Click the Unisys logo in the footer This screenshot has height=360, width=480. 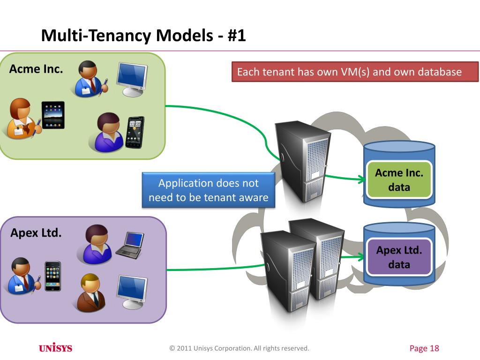[x=55, y=348]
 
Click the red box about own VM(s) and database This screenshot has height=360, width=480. [x=354, y=72]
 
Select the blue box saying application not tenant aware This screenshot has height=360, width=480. [x=208, y=190]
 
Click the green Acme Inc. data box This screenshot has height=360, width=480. [x=399, y=180]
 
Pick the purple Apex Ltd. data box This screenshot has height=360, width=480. [x=399, y=257]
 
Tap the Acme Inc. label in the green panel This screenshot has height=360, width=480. [x=36, y=69]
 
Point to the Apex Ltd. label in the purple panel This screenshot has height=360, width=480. [x=36, y=232]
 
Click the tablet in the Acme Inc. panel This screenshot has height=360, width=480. [x=52, y=115]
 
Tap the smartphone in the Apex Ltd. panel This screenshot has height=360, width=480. [x=52, y=276]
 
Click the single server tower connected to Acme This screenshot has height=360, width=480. [x=302, y=159]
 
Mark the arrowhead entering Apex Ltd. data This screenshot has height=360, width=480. [x=361, y=257]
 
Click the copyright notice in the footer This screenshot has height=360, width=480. [x=240, y=348]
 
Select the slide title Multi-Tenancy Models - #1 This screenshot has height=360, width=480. [x=143, y=36]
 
